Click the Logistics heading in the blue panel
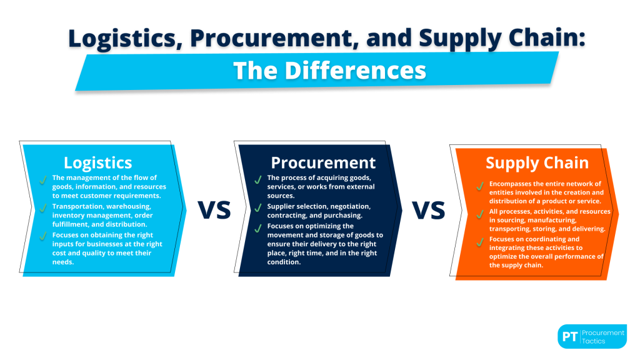point(97,163)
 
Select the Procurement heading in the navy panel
point(323,163)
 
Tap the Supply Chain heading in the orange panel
point(537,163)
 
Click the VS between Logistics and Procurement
point(214,211)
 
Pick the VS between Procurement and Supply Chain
point(428,211)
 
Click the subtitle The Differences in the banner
point(329,70)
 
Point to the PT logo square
point(569,336)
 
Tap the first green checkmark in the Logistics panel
point(43,180)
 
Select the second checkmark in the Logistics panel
point(43,206)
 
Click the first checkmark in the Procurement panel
point(257,180)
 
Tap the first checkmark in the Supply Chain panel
point(480,186)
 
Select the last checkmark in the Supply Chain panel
point(480,240)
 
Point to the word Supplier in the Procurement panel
point(281,206)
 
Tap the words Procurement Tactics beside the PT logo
point(602,336)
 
